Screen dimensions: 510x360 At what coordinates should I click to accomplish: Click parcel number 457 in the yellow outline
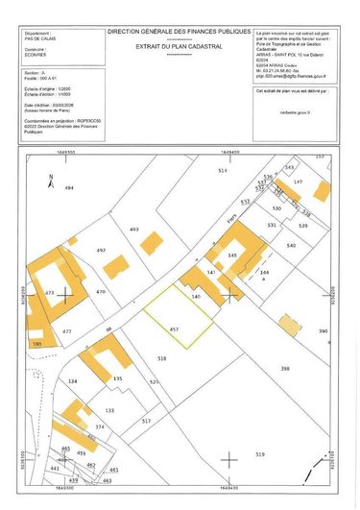(174, 329)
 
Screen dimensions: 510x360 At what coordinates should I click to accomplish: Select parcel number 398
(285, 369)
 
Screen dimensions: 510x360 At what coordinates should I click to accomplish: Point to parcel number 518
(162, 358)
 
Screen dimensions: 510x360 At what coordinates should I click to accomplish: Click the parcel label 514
(222, 170)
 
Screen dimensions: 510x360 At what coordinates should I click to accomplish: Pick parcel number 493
(134, 230)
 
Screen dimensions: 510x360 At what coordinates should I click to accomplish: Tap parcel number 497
(100, 250)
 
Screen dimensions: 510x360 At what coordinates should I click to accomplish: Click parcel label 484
(69, 188)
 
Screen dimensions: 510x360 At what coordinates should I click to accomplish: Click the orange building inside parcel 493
(151, 242)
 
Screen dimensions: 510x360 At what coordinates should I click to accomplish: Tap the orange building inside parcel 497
(115, 266)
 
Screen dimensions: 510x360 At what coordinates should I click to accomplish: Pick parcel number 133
(110, 410)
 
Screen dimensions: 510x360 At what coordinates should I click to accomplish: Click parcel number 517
(146, 422)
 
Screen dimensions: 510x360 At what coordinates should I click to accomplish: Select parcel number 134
(72, 381)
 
